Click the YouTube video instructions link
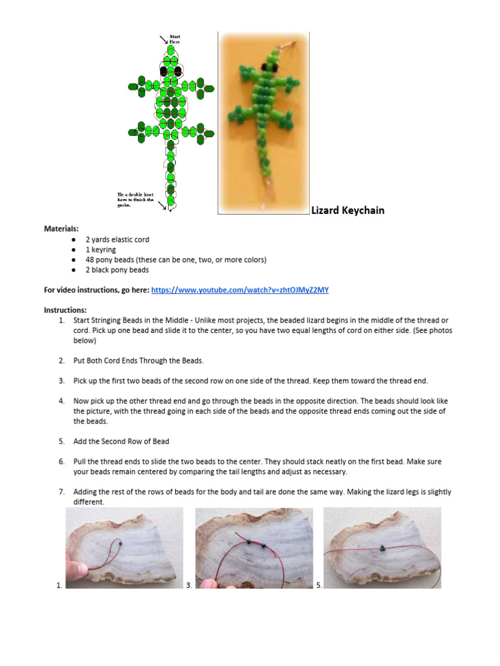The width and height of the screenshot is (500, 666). (240, 290)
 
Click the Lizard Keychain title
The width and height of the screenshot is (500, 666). (348, 210)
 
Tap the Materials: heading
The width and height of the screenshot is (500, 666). (61, 229)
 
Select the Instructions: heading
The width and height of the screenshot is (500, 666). (65, 310)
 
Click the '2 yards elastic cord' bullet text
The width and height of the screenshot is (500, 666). (117, 240)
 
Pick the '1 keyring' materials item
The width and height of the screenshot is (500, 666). (100, 250)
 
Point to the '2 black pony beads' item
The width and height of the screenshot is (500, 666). (117, 269)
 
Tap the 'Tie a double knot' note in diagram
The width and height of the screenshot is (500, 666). (134, 200)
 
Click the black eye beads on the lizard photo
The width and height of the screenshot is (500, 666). (268, 67)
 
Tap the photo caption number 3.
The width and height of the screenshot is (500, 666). (188, 585)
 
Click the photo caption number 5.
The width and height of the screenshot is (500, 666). (318, 585)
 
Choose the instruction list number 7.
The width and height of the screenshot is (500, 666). (61, 492)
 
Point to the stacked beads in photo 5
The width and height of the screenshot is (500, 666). (380, 548)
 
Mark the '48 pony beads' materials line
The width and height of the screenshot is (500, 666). (176, 260)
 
